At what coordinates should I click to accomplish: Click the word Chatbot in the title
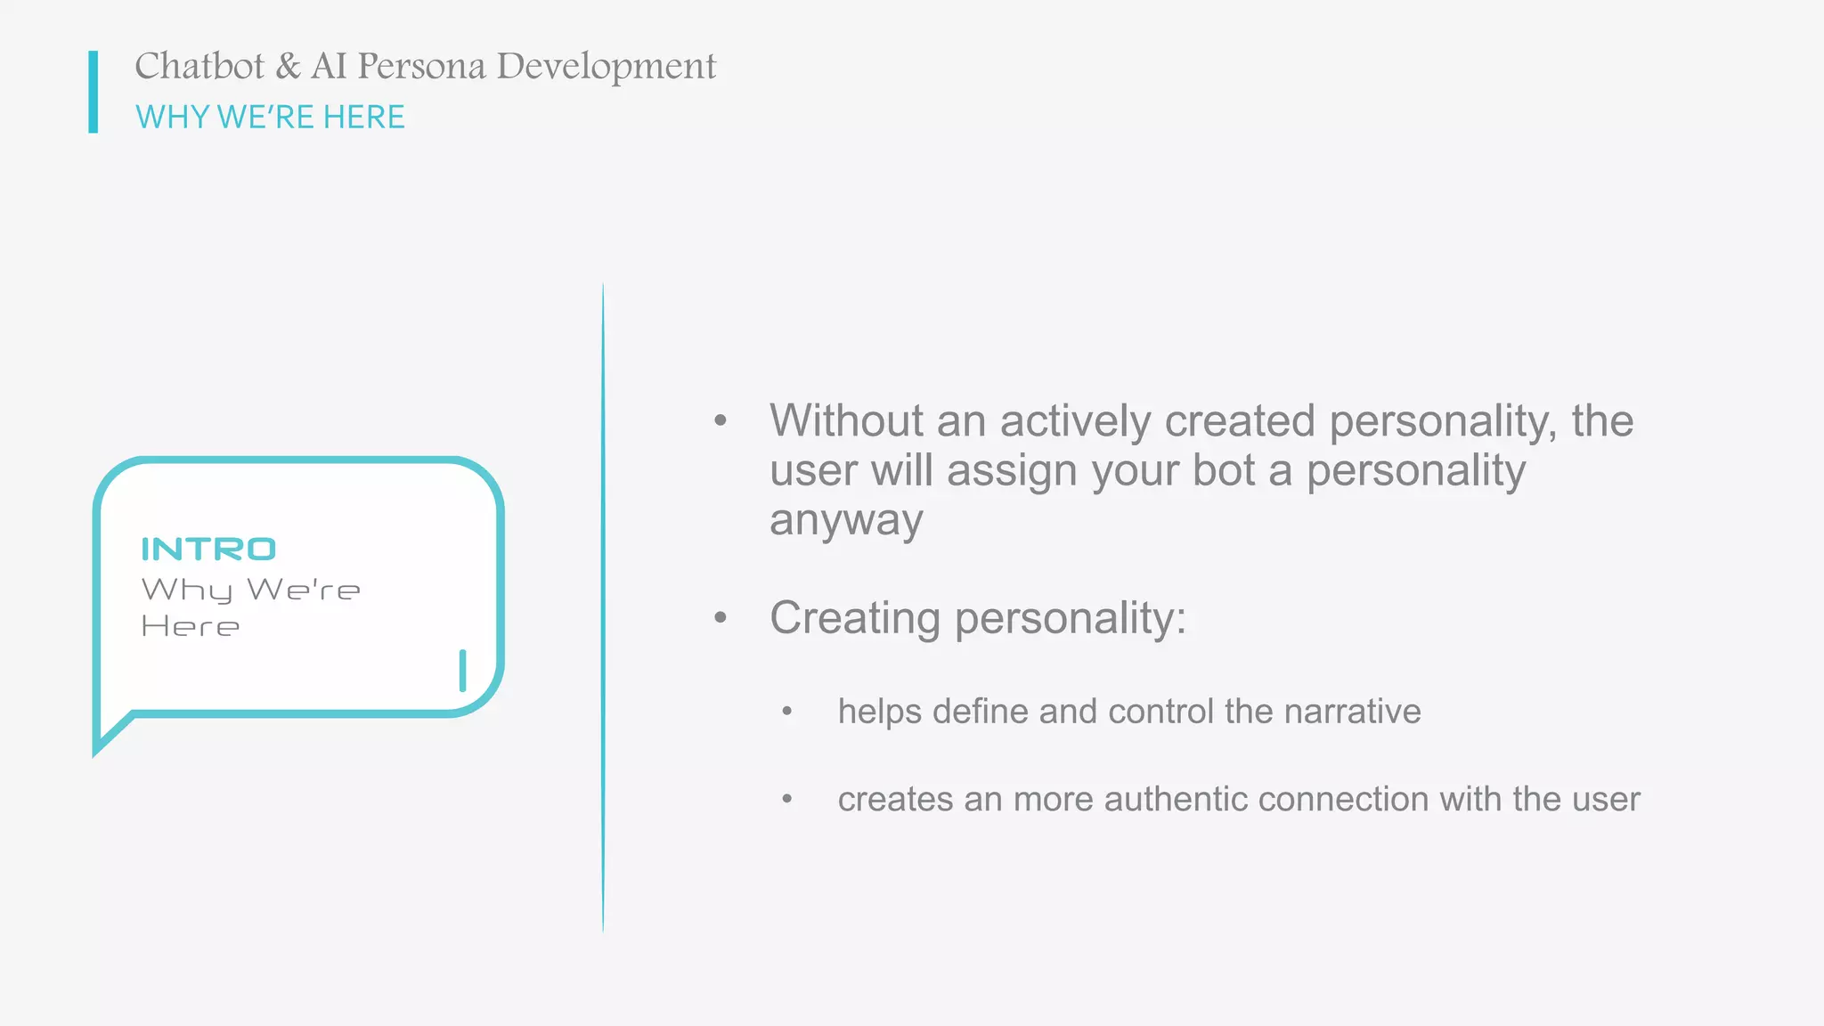click(199, 67)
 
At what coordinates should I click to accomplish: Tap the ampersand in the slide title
click(288, 67)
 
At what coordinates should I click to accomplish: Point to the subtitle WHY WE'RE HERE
click(270, 117)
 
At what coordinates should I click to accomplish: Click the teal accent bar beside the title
click(94, 92)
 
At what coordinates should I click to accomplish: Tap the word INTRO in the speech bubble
click(208, 550)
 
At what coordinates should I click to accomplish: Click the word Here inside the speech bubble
click(191, 627)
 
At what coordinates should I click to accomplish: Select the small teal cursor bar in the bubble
click(462, 671)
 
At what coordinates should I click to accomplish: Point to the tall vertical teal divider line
click(603, 606)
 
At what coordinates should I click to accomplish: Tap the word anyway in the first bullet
click(846, 520)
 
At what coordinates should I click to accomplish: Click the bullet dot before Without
click(721, 420)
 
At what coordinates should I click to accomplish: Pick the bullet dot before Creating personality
click(721, 616)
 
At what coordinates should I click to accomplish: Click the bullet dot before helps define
click(786, 711)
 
